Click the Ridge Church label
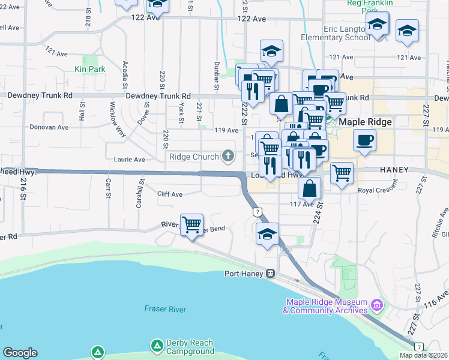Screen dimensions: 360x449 pyautogui.click(x=193, y=157)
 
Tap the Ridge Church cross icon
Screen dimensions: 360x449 pyautogui.click(x=228, y=157)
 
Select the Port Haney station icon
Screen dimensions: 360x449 pyautogui.click(x=271, y=274)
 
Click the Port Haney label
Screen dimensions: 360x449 pyautogui.click(x=245, y=274)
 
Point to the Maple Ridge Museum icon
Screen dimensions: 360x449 pyautogui.click(x=376, y=305)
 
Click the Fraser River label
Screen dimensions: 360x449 pyautogui.click(x=163, y=309)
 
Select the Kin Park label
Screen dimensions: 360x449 pyautogui.click(x=90, y=69)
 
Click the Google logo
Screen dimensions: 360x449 pyautogui.click(x=20, y=353)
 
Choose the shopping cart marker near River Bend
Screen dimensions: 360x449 pyautogui.click(x=191, y=226)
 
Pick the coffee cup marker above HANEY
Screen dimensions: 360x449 pyautogui.click(x=364, y=142)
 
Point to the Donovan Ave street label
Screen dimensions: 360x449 pyautogui.click(x=49, y=127)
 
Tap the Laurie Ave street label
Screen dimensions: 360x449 pyautogui.click(x=130, y=160)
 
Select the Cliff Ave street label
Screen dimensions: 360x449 pyautogui.click(x=169, y=194)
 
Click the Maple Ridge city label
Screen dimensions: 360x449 pyautogui.click(x=366, y=122)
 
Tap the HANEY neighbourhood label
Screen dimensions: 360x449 pyautogui.click(x=394, y=170)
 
